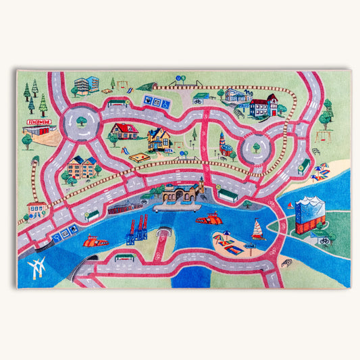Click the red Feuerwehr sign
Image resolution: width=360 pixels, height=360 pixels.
(x=39, y=122)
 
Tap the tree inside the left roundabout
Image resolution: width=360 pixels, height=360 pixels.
(x=82, y=121)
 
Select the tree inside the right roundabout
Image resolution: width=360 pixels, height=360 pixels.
(x=256, y=145)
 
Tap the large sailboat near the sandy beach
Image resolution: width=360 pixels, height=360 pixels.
(x=257, y=230)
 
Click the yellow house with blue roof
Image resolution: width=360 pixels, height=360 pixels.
(x=159, y=139)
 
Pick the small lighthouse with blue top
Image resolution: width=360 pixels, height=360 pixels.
(x=222, y=140)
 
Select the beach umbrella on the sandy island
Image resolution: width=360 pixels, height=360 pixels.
(x=226, y=236)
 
